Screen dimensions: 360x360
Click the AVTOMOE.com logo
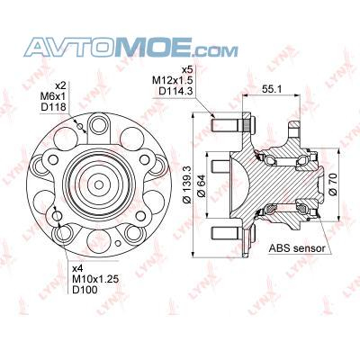(x=130, y=47)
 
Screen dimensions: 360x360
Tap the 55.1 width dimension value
(x=271, y=89)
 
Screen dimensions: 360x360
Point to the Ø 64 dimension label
(x=202, y=185)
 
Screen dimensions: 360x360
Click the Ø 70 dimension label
(x=333, y=184)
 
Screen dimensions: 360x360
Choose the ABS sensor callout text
(x=297, y=248)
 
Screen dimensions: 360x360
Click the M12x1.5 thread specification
(x=172, y=80)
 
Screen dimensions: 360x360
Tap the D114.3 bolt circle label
(x=175, y=91)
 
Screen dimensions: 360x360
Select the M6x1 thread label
(x=53, y=96)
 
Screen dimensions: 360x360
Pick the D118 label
(x=53, y=107)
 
